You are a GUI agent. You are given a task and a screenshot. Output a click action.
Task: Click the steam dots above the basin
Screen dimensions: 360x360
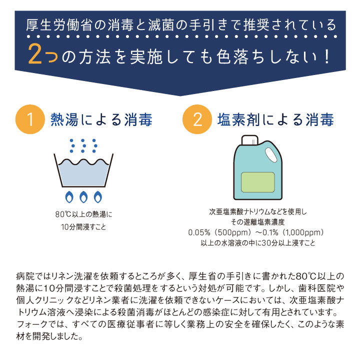83,145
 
